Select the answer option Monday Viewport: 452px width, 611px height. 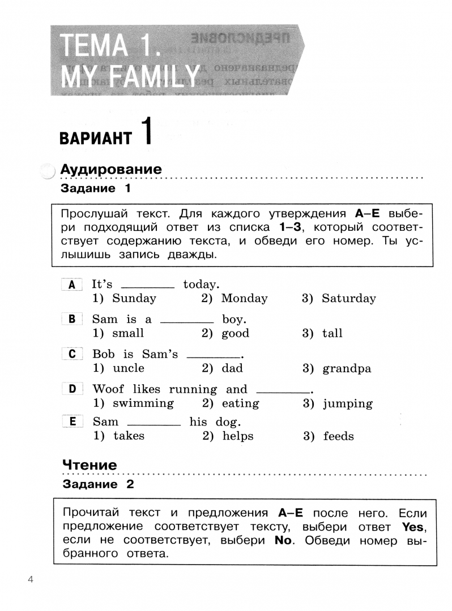coord(244,299)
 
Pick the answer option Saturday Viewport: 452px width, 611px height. coord(348,299)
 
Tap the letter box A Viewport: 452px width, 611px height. coord(71,285)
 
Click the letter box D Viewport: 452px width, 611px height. coord(72,389)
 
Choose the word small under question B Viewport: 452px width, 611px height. coord(128,334)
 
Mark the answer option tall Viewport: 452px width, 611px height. coord(332,334)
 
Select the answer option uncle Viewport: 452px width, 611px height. coord(129,369)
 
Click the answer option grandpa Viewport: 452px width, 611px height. coord(347,369)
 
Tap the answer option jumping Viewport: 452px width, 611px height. coord(348,404)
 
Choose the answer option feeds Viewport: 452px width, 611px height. coord(339,437)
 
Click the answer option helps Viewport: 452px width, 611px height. coord(238,437)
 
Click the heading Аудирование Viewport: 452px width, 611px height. coord(111,169)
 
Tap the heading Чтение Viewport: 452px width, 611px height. coord(89,465)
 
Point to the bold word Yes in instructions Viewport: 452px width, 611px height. coord(413,527)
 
